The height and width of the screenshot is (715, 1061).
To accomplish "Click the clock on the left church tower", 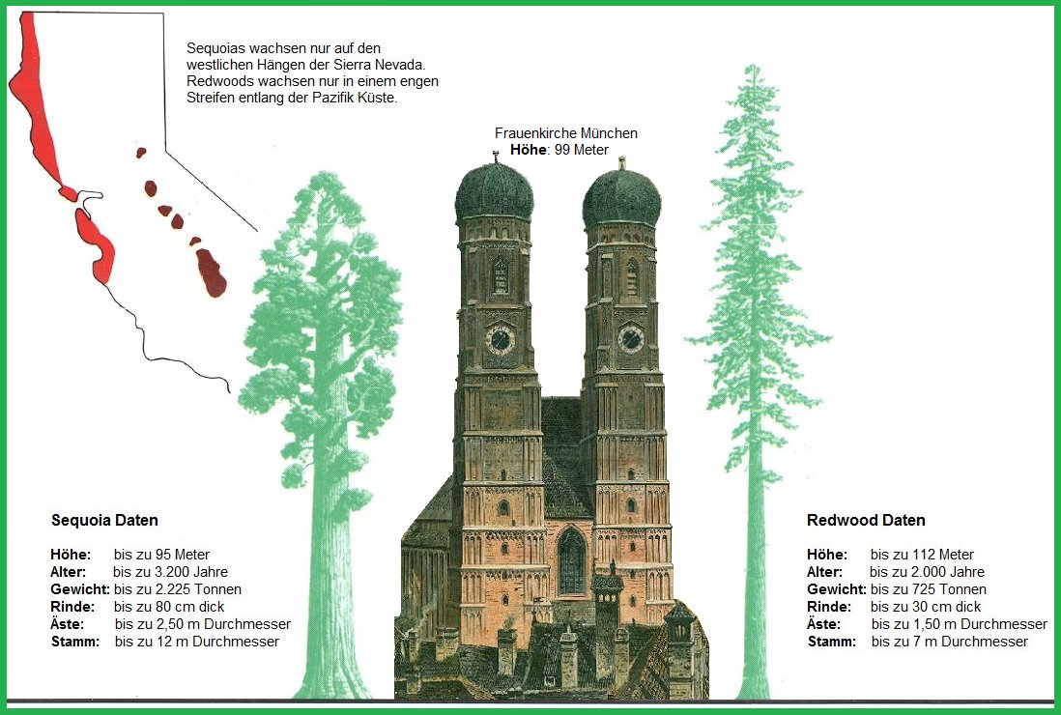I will tap(500, 339).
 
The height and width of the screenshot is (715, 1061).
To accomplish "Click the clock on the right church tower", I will tap(631, 338).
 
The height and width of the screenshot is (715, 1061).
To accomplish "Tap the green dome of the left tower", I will tap(494, 192).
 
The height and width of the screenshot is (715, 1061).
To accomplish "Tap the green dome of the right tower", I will tap(622, 199).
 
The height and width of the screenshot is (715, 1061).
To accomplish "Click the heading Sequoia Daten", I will tap(104, 521).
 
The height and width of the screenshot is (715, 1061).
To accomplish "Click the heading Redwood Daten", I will tap(866, 521).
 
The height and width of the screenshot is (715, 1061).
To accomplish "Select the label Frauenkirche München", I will tap(565, 133).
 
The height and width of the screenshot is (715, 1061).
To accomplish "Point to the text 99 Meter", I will tap(582, 150).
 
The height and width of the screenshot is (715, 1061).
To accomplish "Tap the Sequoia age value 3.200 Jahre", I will tap(185, 572).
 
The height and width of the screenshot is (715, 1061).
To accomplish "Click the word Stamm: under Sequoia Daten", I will tap(74, 642).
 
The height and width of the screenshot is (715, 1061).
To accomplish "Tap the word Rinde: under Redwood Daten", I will tap(829, 607).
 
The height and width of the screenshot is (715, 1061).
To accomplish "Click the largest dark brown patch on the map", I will tap(212, 272).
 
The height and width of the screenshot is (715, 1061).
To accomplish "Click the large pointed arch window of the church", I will tap(571, 560).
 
